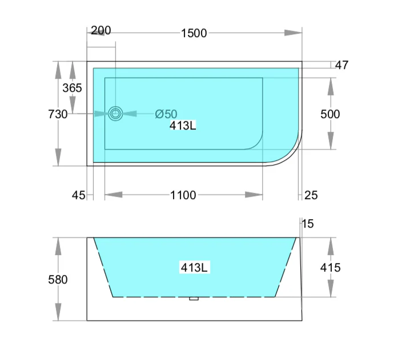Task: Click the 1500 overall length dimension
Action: point(194,33)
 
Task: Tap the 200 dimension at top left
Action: point(100,30)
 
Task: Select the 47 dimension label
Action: point(341,65)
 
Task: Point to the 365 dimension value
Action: point(72,88)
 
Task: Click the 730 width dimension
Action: point(58,114)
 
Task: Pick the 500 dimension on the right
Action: point(330,114)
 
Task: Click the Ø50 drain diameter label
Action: point(166,114)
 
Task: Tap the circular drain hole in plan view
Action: point(116,114)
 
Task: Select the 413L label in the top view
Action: point(183,126)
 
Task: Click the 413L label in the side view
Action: point(194,267)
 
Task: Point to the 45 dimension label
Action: point(78,196)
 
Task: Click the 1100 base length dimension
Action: point(183,196)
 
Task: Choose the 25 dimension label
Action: point(311,196)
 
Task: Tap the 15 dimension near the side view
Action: point(308,224)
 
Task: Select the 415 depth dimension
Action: point(330,267)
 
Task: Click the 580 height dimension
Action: point(58,280)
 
